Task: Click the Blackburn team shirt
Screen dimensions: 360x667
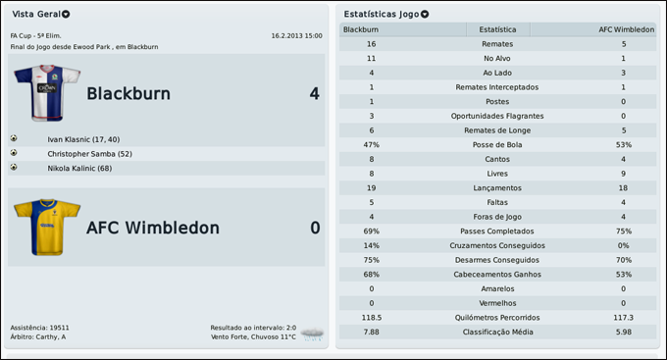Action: (47, 93)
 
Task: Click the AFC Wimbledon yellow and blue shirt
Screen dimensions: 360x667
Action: (46, 228)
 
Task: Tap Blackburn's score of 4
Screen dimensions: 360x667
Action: (314, 94)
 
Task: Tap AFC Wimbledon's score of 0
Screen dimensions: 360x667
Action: (315, 228)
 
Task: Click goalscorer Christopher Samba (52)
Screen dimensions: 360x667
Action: (89, 154)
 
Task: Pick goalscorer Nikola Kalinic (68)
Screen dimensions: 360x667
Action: (79, 169)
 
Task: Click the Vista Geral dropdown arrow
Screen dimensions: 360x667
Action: (66, 15)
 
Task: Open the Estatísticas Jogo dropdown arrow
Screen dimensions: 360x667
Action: (425, 15)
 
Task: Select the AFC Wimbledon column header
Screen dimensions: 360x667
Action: (626, 29)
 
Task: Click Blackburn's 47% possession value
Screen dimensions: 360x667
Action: (371, 144)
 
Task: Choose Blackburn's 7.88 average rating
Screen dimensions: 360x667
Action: (371, 332)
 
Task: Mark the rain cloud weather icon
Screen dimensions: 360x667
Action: (313, 334)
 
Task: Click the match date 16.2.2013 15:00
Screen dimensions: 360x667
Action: (296, 35)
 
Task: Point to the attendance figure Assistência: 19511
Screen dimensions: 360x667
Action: (39, 327)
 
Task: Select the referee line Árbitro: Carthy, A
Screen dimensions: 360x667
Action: (38, 336)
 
